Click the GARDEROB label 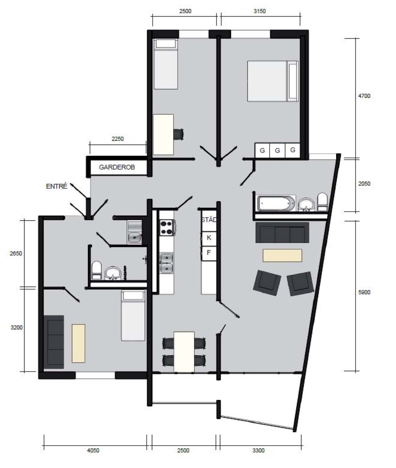point(117,167)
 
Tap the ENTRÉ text point(57,186)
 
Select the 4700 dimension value point(364,96)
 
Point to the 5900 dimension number point(364,292)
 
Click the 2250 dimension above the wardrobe point(117,139)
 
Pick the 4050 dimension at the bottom point(93,450)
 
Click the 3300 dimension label point(258,450)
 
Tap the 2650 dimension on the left point(16,253)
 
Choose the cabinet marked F point(209,253)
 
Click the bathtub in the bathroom point(276,203)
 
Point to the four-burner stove point(167,227)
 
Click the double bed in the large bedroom point(273,81)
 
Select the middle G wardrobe point(277,150)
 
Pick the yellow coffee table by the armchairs point(282,255)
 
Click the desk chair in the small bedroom point(179,134)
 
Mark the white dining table point(184,352)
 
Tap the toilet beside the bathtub point(323,202)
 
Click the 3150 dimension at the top point(259,11)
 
